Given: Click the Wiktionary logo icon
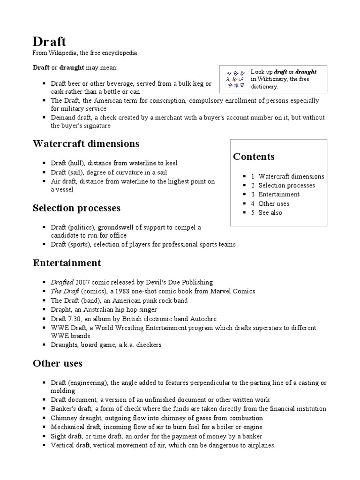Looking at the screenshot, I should tap(236, 79).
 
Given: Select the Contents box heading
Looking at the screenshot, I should tap(254, 157).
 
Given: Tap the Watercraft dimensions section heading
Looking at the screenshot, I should tap(86, 143).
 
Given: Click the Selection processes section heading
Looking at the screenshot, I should tap(76, 208).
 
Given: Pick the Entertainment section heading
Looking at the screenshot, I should tap(67, 262).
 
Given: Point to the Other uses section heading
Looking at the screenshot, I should tap(57, 363).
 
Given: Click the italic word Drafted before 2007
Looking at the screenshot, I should tap(62, 282).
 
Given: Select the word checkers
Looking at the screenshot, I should tap(149, 345).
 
